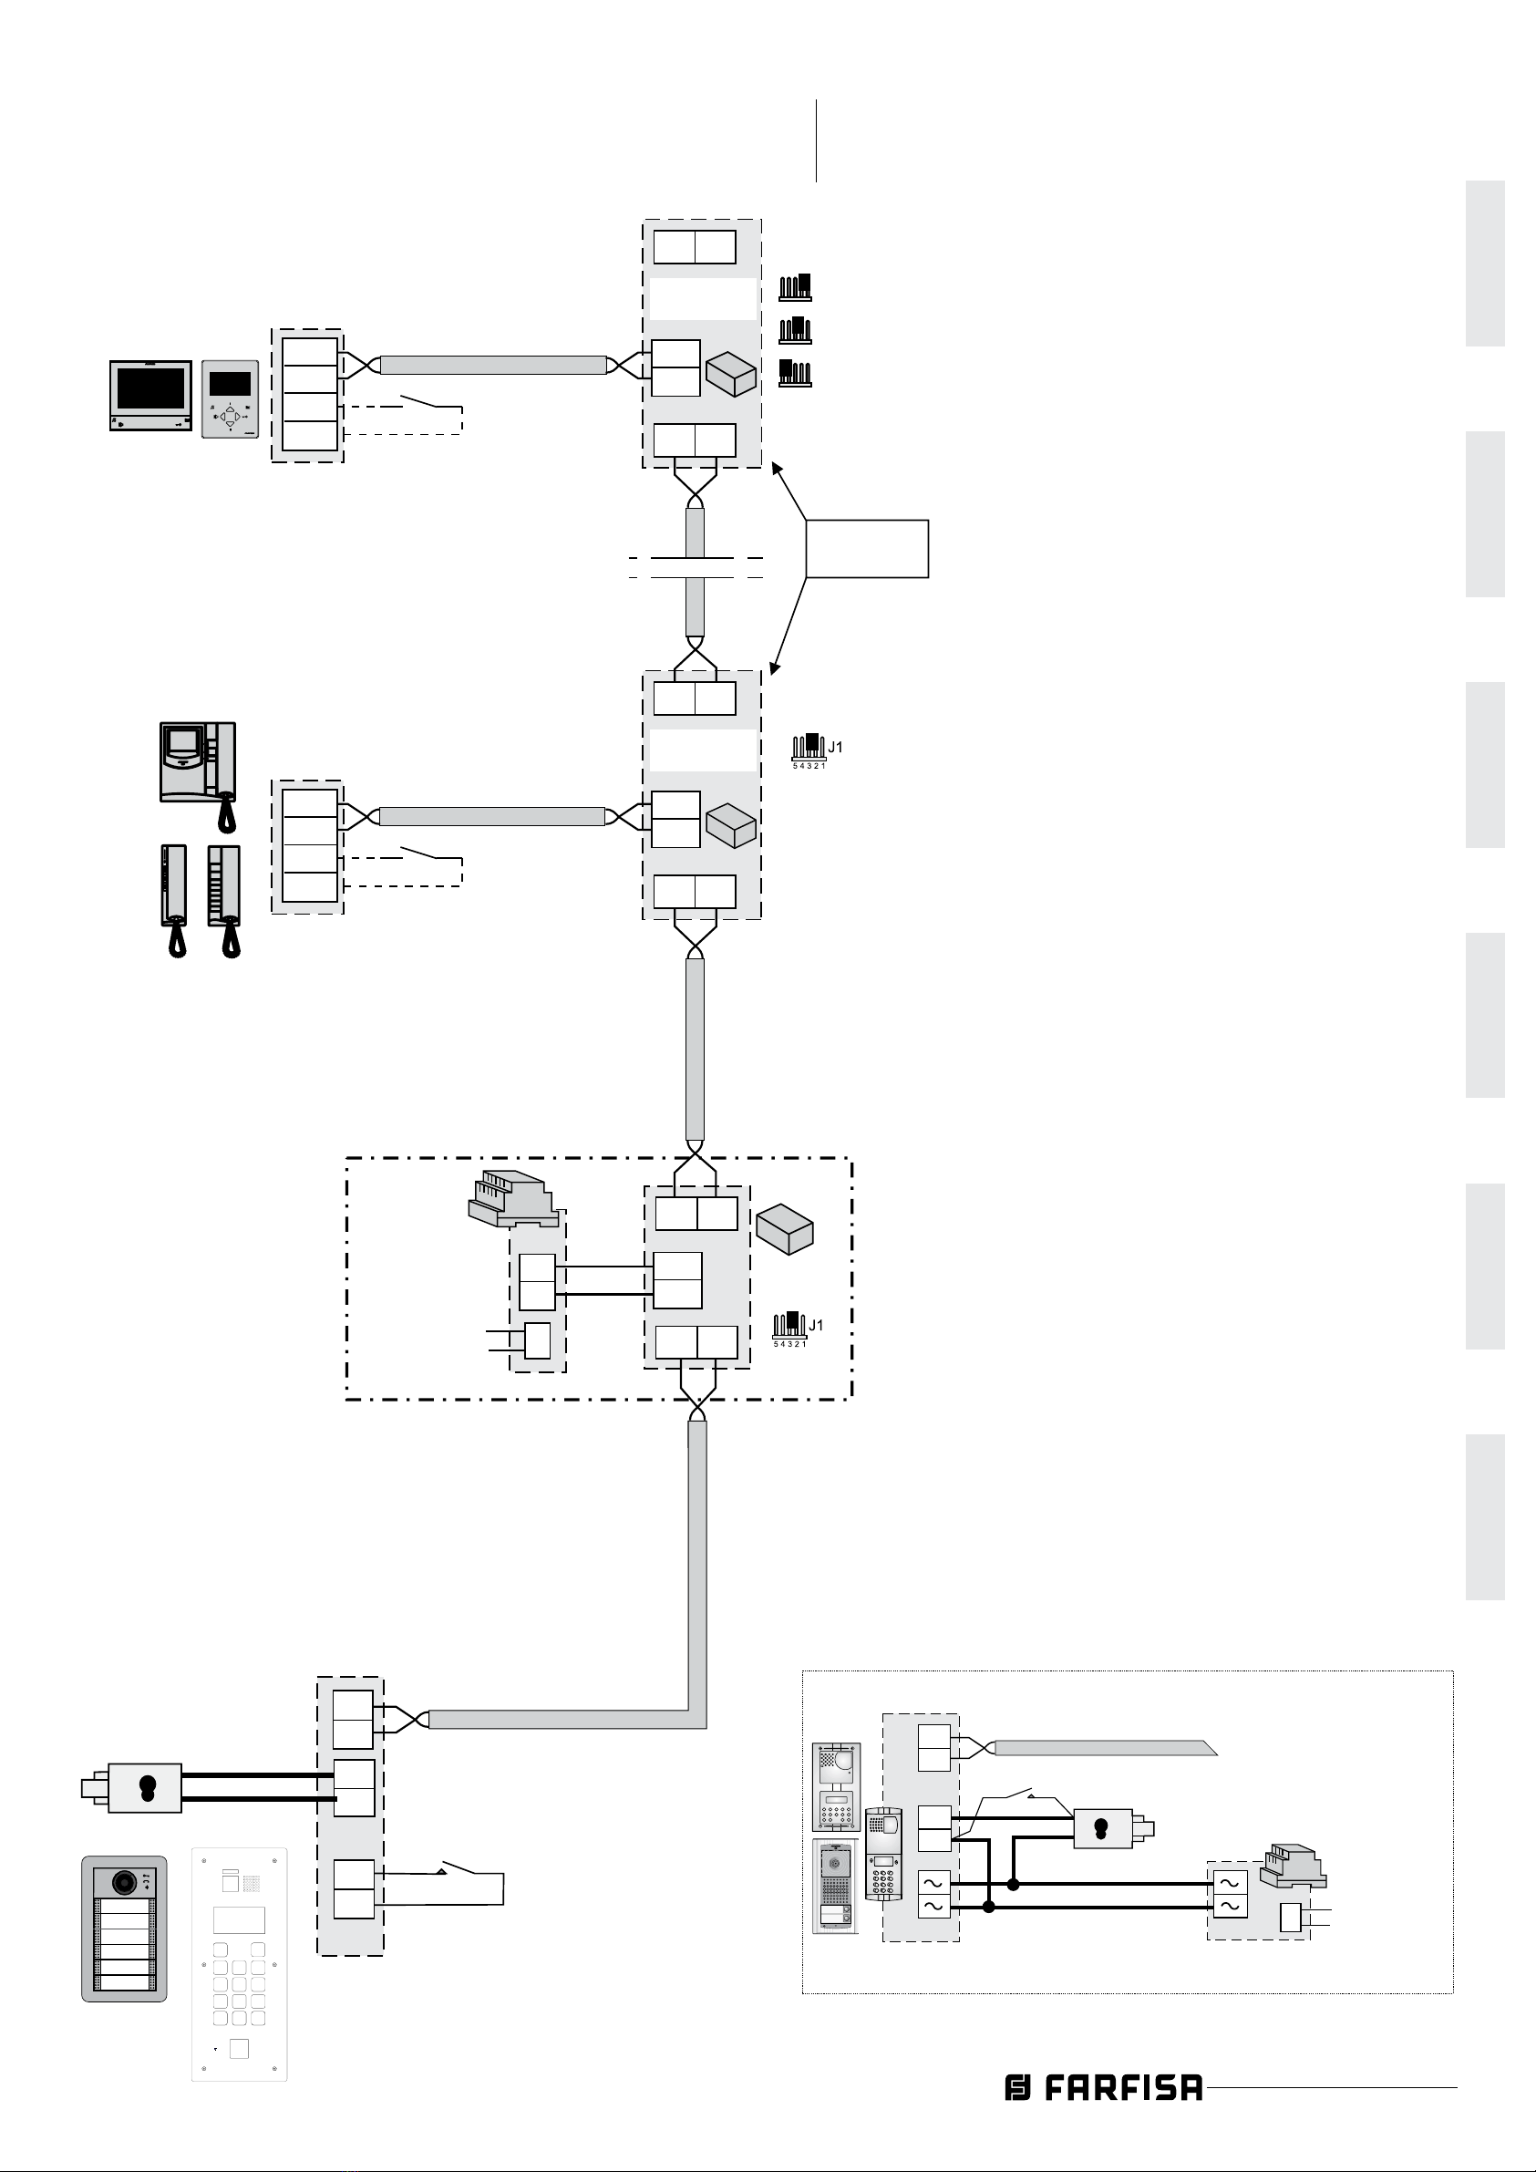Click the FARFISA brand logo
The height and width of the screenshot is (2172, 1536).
point(1104,2088)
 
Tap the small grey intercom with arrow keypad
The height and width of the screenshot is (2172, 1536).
point(230,398)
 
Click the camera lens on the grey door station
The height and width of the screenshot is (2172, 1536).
point(123,1883)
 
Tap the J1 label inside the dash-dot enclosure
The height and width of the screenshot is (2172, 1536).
point(816,1325)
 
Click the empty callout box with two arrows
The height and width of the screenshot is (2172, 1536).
point(866,549)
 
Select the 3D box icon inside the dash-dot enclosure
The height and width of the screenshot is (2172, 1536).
point(785,1229)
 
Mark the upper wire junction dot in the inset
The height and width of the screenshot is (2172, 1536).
point(1014,1885)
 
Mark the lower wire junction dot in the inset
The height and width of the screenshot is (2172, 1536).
point(989,1908)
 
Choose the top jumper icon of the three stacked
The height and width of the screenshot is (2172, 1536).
point(796,287)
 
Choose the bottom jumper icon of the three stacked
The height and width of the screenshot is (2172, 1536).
point(796,374)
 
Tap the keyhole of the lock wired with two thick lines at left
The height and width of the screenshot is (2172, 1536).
point(146,1787)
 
